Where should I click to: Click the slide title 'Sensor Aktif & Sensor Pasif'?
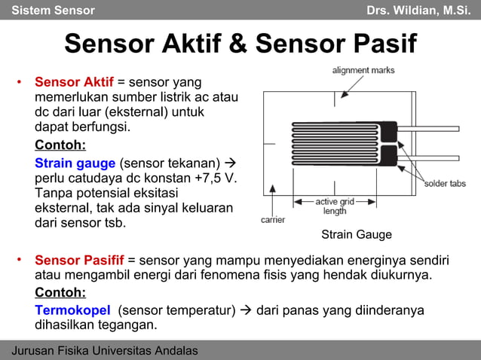pyautogui.click(x=240, y=44)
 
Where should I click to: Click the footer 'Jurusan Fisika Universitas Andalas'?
pyautogui.click(x=105, y=351)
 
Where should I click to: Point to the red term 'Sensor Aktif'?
pyautogui.click(x=74, y=81)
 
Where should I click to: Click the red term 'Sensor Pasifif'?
pyautogui.click(x=79, y=261)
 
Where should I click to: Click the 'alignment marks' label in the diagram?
pyautogui.click(x=363, y=71)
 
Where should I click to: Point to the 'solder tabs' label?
pyautogui.click(x=445, y=184)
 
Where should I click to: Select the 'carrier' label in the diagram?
pyautogui.click(x=272, y=220)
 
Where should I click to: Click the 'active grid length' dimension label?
pyautogui.click(x=335, y=206)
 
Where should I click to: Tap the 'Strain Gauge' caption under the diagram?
pyautogui.click(x=357, y=234)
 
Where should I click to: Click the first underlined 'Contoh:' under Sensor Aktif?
pyautogui.click(x=60, y=145)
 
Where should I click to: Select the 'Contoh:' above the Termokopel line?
pyautogui.click(x=60, y=292)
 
